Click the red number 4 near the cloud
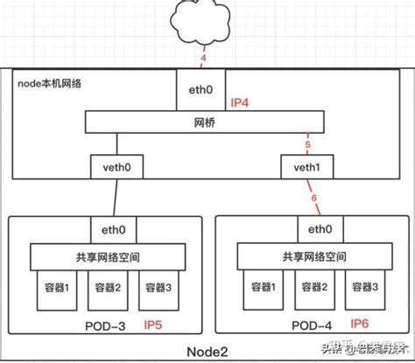204,59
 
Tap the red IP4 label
241,102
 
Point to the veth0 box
116,166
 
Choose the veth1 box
305,167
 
